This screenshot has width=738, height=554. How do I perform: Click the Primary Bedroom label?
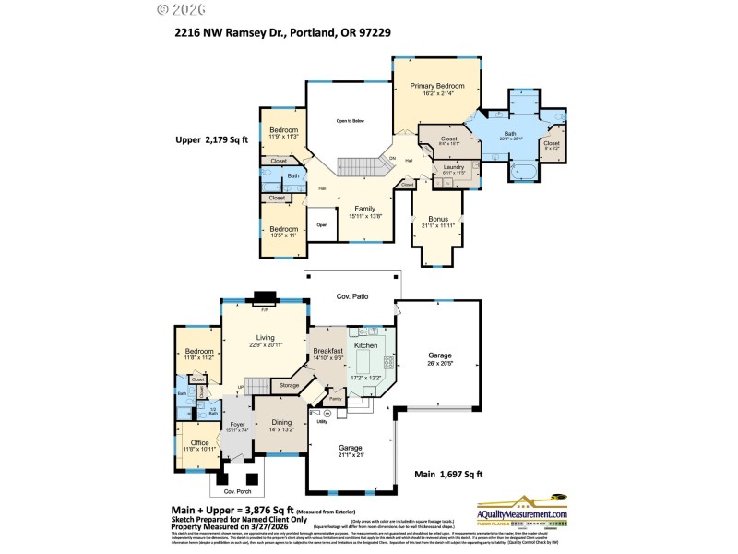pyautogui.click(x=435, y=86)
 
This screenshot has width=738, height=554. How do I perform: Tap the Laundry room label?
pyautogui.click(x=454, y=165)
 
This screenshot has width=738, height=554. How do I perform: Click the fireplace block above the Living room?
pyautogui.click(x=265, y=297)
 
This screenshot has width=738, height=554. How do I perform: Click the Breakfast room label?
pyautogui.click(x=328, y=351)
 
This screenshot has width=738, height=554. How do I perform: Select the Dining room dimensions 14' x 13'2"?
pyautogui.click(x=281, y=430)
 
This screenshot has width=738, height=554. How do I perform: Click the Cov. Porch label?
pyautogui.click(x=236, y=491)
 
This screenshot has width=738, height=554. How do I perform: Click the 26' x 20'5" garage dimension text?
pyautogui.click(x=439, y=363)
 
